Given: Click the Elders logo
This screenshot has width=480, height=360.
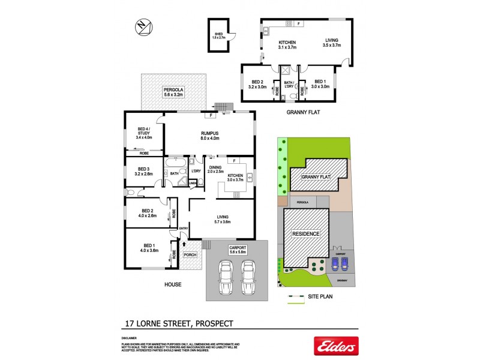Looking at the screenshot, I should (x=336, y=346).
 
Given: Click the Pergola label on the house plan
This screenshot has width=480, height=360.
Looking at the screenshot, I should (x=173, y=92).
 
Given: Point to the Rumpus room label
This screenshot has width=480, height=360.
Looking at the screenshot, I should (x=209, y=136).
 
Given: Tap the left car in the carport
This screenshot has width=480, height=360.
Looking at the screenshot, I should (x=226, y=280).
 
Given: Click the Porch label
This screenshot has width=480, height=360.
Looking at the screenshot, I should (x=190, y=254).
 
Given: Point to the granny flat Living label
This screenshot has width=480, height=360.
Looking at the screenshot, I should (x=331, y=42).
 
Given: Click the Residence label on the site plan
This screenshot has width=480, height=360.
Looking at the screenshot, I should (x=306, y=233).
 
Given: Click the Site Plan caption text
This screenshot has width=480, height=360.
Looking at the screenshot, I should (x=320, y=296).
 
